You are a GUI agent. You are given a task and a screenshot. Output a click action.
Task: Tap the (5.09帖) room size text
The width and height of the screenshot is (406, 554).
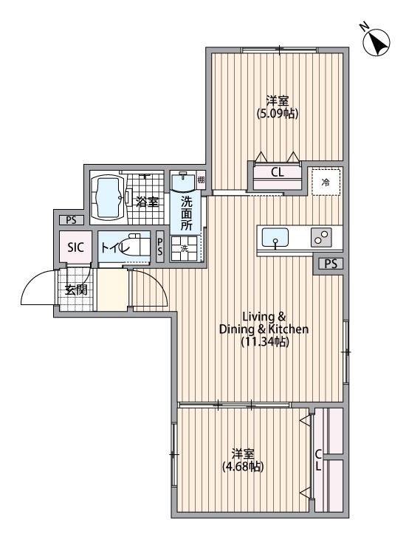pos(278,114)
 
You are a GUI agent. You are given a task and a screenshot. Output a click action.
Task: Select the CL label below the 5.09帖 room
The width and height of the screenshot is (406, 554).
pos(278,173)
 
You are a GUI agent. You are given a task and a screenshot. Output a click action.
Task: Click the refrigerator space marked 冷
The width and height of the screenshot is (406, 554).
pos(325,181)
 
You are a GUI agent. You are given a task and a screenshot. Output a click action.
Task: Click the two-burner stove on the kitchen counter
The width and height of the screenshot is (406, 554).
pos(321,238)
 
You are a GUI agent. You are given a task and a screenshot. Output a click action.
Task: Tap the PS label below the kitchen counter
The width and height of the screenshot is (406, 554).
pos(329,264)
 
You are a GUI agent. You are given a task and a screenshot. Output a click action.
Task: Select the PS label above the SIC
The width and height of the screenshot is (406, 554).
pos(71,219)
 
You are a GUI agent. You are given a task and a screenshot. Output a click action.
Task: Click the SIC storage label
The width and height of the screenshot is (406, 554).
pos(76,247)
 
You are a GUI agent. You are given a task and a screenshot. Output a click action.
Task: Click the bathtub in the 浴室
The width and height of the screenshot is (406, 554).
pos(109,197)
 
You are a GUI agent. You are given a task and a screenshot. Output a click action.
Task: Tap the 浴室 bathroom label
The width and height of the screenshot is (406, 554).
pos(147,200)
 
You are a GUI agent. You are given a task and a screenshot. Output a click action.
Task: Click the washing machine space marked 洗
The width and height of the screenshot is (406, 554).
pos(185,249)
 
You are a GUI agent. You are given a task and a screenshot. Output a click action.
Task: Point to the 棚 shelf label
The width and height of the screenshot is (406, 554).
pos(201,179)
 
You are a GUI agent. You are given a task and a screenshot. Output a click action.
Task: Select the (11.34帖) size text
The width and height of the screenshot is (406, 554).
pos(264,341)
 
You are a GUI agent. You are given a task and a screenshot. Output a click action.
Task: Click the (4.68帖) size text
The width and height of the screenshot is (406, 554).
pos(244,466)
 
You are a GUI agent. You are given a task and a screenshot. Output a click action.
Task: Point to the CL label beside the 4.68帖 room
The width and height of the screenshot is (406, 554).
pos(317,459)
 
